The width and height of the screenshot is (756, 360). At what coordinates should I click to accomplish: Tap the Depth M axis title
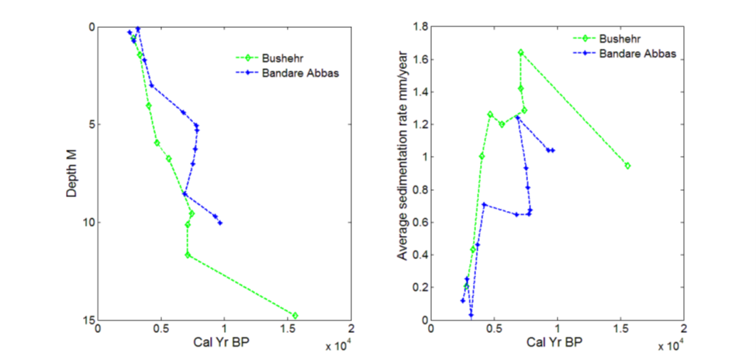point(71,172)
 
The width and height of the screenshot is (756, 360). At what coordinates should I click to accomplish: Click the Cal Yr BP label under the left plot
point(224,342)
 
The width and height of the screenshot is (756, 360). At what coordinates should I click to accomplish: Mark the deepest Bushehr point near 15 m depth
point(295,315)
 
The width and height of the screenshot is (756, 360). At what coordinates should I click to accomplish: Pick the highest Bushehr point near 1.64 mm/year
point(520,53)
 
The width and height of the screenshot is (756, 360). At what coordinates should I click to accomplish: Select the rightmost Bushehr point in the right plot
point(627,165)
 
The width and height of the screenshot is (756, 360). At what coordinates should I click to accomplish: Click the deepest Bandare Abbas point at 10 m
point(220,223)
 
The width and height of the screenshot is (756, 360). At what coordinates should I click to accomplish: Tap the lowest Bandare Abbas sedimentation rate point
point(471,314)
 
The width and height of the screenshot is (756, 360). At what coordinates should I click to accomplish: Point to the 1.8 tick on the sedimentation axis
point(419,27)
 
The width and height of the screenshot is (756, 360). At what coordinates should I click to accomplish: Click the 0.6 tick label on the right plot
point(419,223)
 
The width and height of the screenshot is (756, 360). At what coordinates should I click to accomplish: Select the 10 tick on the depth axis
point(88,223)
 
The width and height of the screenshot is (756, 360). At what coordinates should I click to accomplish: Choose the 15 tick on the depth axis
point(88,320)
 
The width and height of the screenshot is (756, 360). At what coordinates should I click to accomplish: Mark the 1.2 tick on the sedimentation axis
point(419,125)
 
